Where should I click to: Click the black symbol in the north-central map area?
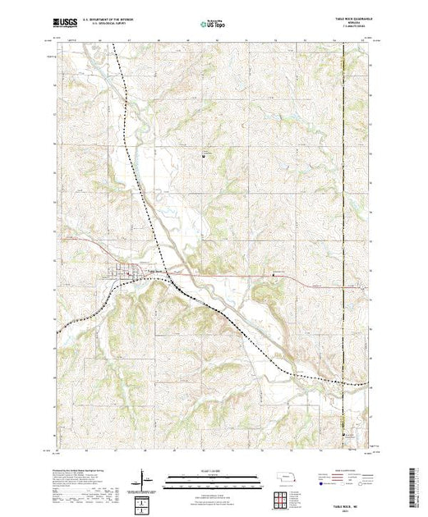[x=205, y=153]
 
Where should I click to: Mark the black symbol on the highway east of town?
[x=274, y=275]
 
